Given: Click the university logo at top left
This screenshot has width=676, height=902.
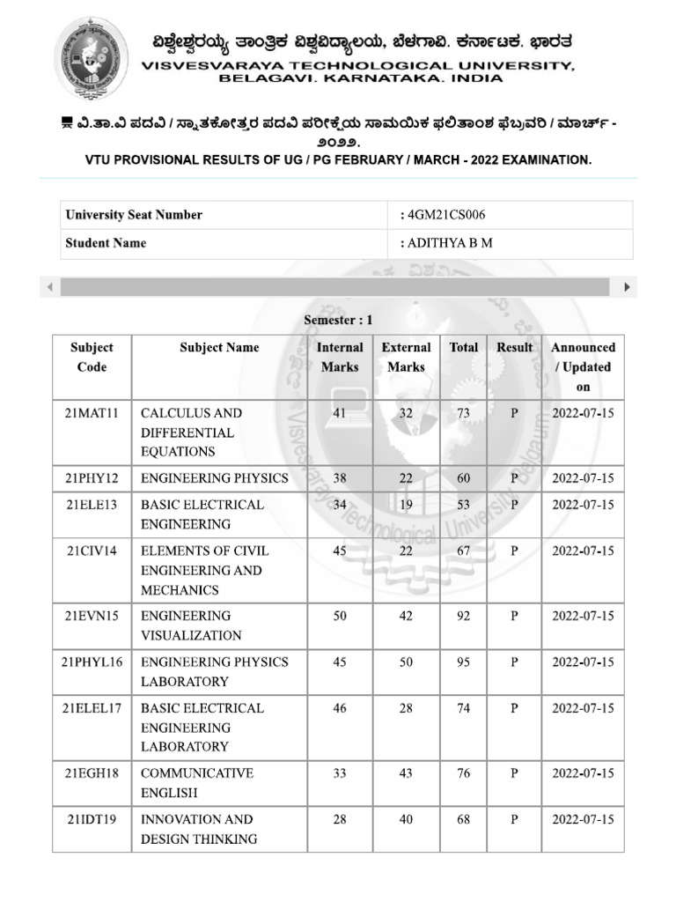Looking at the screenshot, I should tap(92, 58).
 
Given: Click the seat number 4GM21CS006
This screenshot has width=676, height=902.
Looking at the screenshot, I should tap(444, 215).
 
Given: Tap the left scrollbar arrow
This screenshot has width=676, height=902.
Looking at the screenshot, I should tap(49, 287).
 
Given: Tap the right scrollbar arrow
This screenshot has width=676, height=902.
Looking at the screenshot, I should tap(627, 287).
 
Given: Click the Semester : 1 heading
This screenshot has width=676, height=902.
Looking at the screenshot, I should tap(338, 320).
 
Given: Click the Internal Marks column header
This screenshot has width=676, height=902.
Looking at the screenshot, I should tap(340, 358).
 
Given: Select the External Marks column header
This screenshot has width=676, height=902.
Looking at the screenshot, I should tap(406, 358).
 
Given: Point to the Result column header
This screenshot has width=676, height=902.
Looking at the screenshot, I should tap(514, 348).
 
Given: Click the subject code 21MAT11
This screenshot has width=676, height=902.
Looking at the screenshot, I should tap(92, 413).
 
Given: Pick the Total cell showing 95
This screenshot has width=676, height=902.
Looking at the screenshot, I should tap(464, 662).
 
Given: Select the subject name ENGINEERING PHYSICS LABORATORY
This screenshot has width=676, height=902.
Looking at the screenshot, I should tap(214, 671).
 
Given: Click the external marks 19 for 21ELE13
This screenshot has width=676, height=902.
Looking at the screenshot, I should tap(406, 505).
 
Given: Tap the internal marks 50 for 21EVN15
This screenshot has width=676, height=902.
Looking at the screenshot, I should tap(340, 617).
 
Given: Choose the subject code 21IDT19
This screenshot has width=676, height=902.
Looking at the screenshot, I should tap(92, 819).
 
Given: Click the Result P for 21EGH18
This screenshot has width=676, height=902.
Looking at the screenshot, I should tap(514, 773).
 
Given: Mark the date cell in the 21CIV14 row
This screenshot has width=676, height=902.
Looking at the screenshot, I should tap(583, 551).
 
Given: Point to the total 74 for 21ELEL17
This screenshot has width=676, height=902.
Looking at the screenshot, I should tap(464, 708).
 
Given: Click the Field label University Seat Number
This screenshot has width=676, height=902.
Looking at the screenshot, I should tap(134, 215).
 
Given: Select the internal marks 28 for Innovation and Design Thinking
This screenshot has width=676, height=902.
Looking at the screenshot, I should tap(340, 819).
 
